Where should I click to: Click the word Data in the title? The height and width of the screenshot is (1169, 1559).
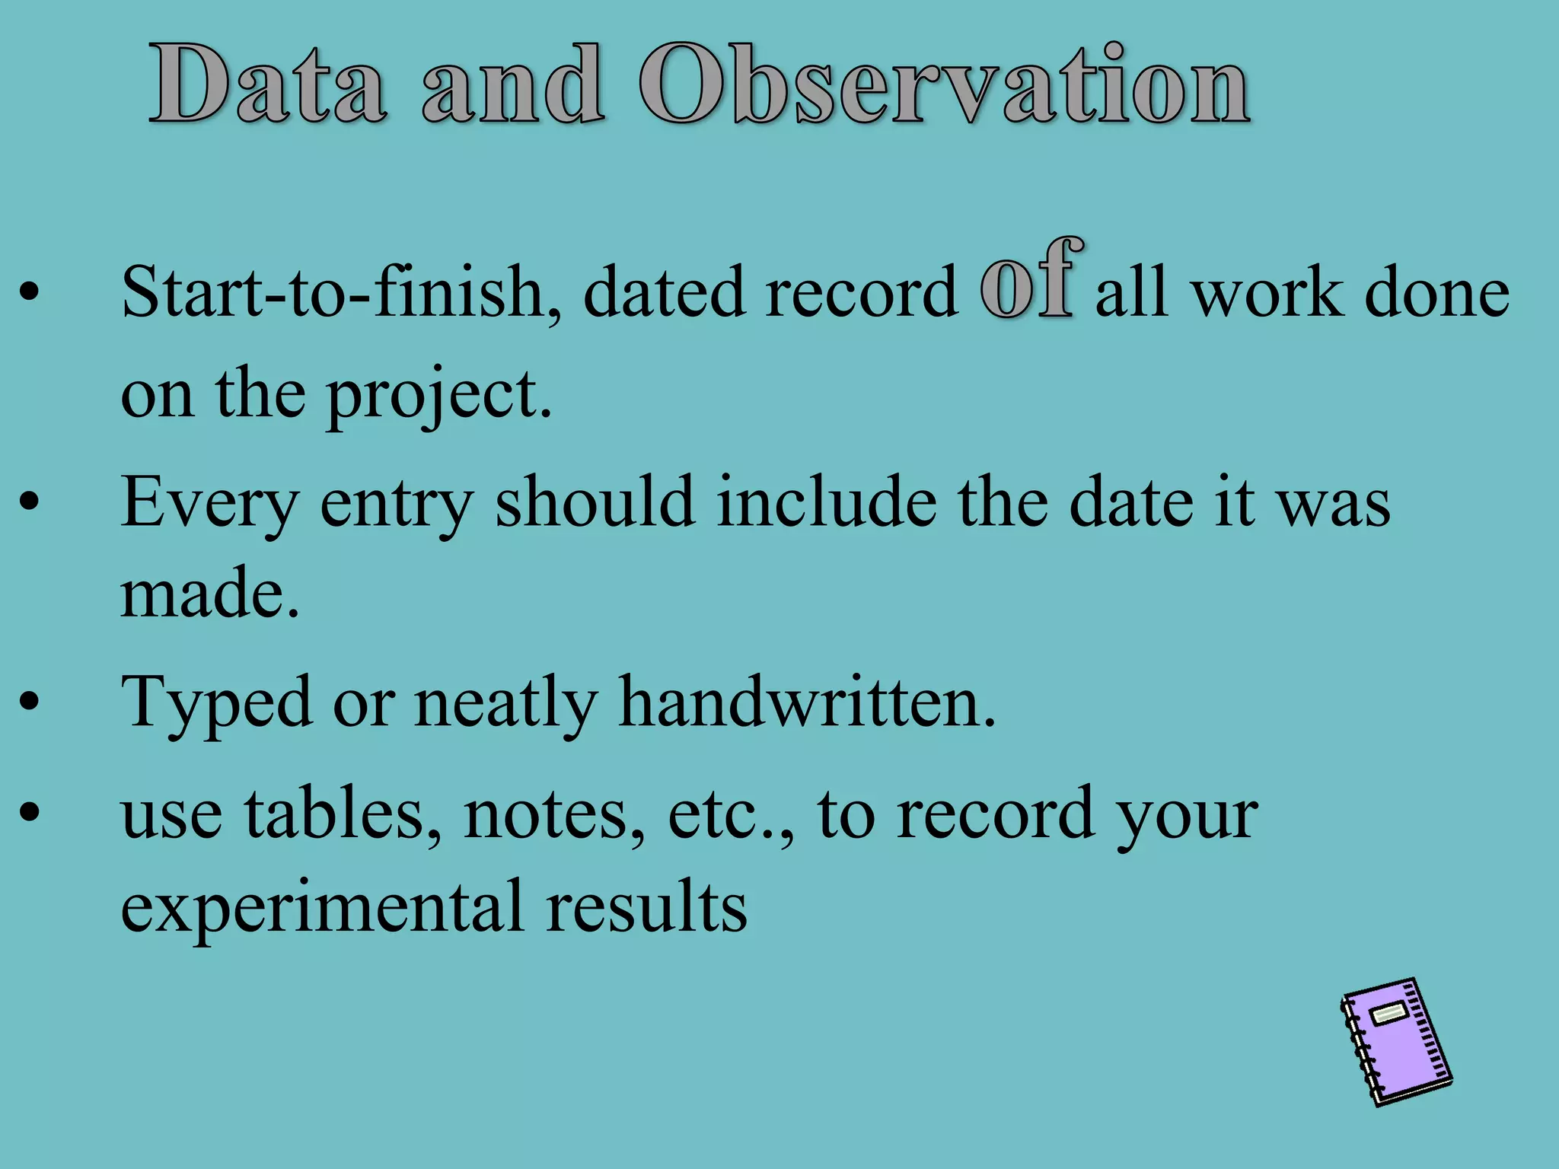267,84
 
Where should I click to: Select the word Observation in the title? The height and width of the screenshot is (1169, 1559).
944,84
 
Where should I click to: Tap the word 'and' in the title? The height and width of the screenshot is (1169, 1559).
513,84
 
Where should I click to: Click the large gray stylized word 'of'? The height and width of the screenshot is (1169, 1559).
1031,279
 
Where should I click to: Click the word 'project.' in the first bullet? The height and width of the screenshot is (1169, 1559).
439,396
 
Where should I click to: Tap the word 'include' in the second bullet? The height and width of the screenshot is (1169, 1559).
827,502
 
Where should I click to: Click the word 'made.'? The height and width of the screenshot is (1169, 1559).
210,594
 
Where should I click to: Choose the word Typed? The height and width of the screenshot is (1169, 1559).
216,704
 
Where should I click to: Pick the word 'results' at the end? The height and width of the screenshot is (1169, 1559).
646,906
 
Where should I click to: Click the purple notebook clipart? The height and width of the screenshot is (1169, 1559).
1396,1043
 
